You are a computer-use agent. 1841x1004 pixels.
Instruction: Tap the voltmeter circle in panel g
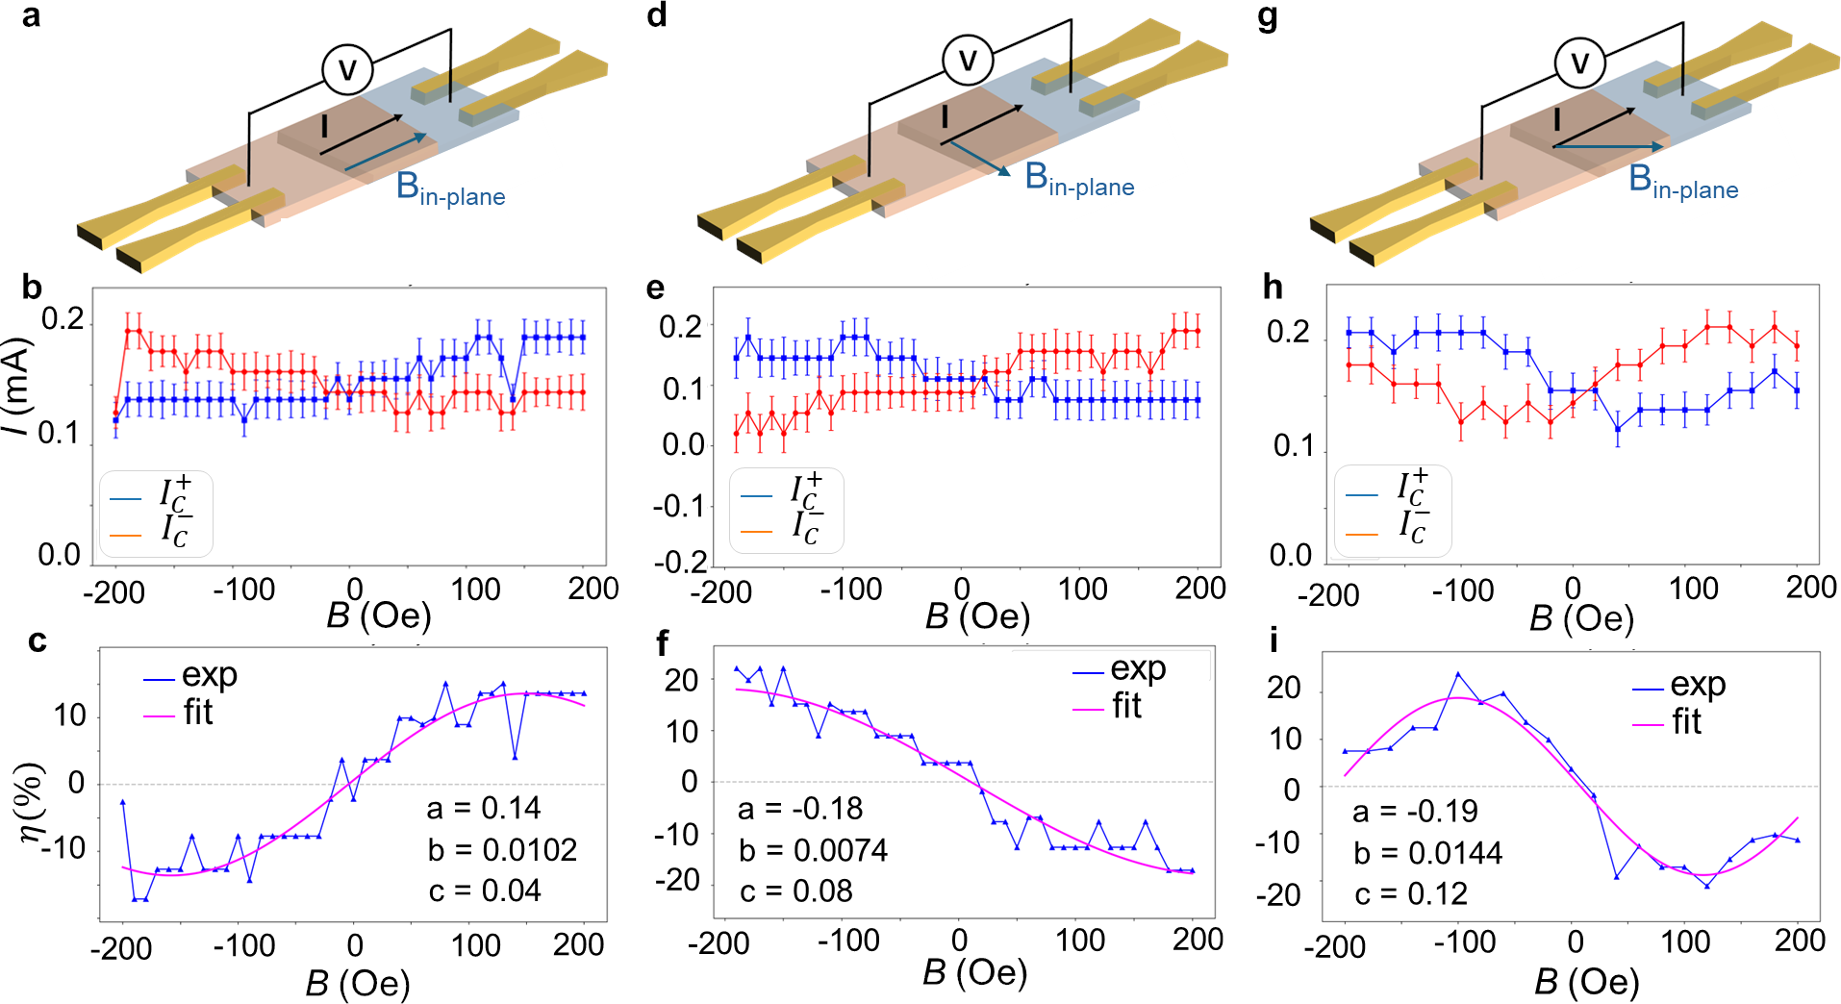[1579, 63]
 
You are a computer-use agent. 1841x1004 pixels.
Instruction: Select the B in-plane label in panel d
[1078, 180]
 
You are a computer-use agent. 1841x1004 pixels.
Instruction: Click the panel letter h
[1272, 287]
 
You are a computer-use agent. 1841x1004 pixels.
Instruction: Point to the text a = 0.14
[483, 808]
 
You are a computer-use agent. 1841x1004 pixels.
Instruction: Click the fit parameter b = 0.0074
[813, 850]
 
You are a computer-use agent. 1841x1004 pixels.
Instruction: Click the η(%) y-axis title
[31, 802]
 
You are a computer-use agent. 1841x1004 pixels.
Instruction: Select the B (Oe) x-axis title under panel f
[974, 973]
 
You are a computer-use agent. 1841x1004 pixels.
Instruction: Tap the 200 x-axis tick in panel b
[593, 589]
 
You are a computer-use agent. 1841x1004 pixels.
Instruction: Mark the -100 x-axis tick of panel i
[1464, 942]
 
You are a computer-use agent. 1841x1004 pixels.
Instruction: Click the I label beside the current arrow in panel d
[945, 117]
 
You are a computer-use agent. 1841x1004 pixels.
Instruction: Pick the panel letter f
[662, 642]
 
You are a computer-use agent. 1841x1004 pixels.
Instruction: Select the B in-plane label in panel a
[449, 188]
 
